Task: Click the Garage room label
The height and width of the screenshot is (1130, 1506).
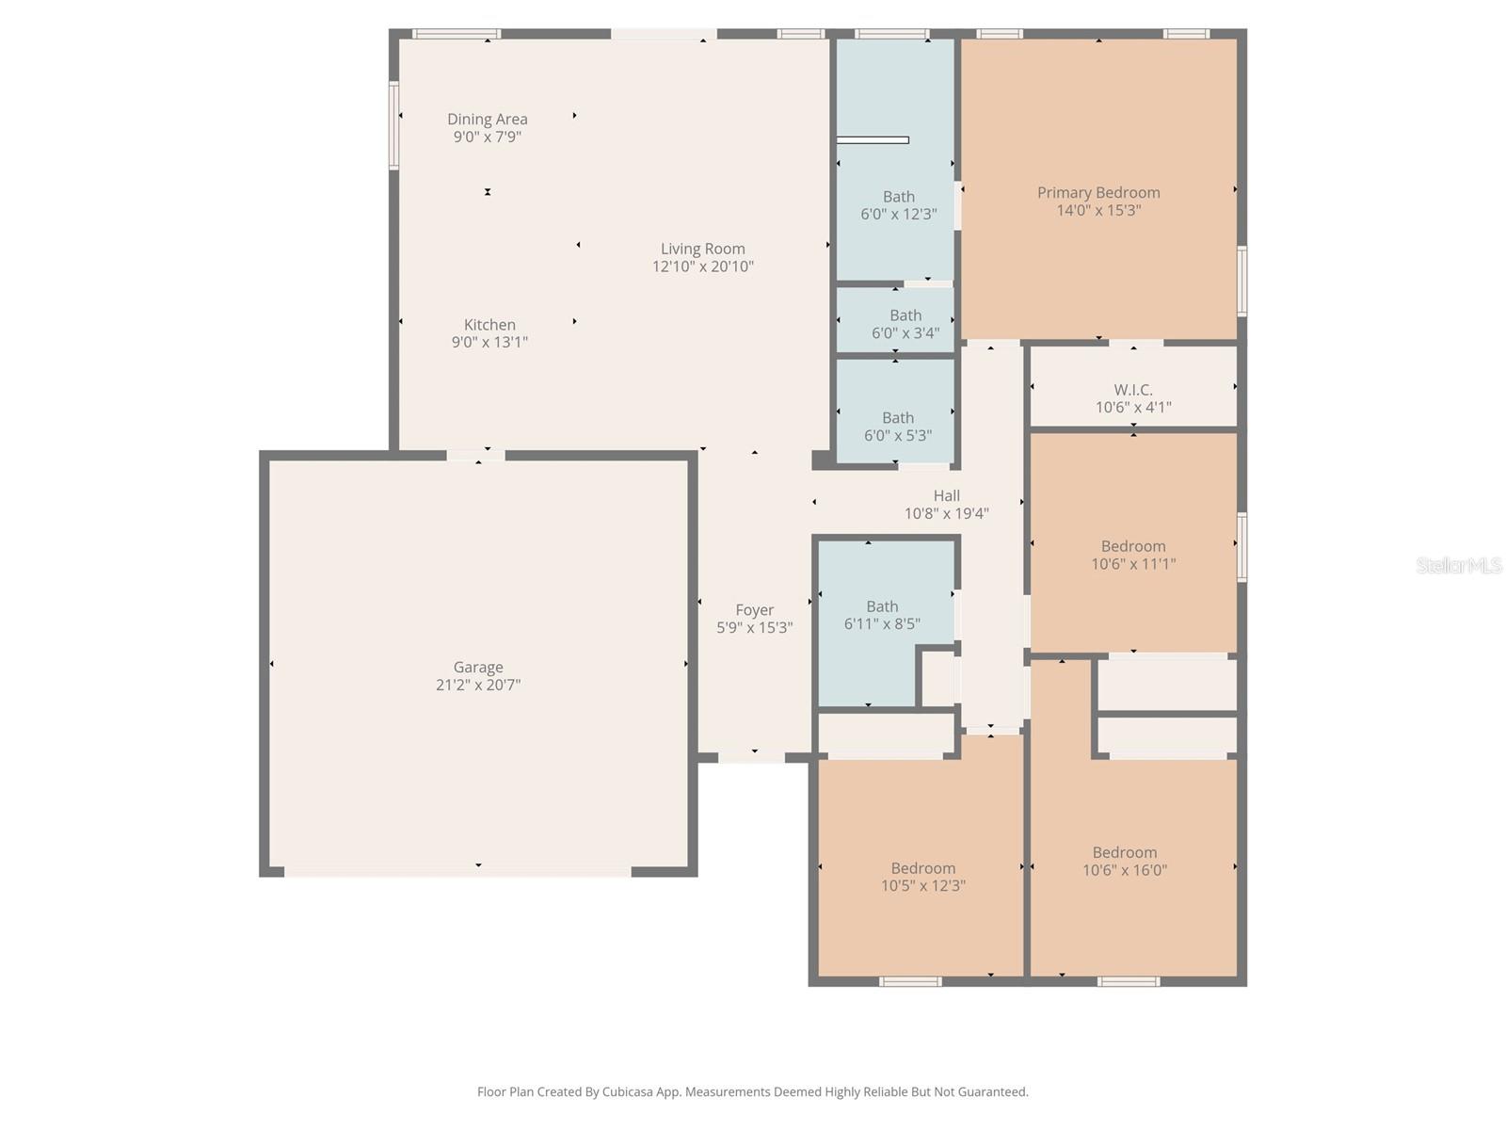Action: (x=478, y=667)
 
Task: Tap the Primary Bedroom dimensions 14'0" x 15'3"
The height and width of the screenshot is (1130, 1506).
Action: (x=1098, y=210)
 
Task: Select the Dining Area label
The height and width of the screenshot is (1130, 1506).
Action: (x=487, y=119)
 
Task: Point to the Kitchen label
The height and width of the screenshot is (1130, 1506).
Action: (x=489, y=325)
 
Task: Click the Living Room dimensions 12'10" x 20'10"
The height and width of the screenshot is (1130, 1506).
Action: (x=703, y=266)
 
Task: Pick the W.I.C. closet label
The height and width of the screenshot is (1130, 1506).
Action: (x=1133, y=389)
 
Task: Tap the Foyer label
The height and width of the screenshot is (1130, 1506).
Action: (x=755, y=610)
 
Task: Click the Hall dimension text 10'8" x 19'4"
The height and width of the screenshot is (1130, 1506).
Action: (x=946, y=513)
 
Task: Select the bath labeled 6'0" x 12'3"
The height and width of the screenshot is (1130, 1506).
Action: (x=898, y=205)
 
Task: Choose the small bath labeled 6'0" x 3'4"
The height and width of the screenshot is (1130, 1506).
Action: (x=905, y=323)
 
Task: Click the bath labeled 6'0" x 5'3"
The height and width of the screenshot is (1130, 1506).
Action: (x=897, y=426)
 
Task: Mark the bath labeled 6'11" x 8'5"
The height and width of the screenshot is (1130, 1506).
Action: (x=882, y=615)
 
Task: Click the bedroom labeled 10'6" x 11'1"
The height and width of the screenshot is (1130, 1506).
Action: (x=1133, y=555)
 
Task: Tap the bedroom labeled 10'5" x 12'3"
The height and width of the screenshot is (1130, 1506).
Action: (x=922, y=877)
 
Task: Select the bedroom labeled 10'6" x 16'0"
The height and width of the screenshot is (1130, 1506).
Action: (x=1124, y=861)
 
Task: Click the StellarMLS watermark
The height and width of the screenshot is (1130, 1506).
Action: (x=1458, y=565)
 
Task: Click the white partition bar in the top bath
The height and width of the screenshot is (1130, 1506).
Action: (x=873, y=140)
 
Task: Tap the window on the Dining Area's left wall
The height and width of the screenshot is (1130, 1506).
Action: (x=394, y=125)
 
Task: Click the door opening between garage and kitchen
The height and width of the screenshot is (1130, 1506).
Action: (x=475, y=456)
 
